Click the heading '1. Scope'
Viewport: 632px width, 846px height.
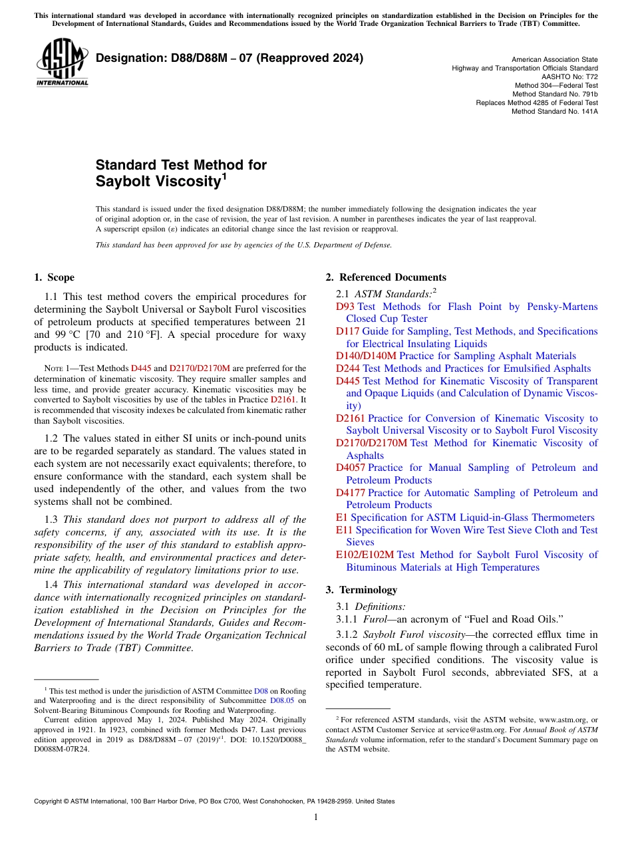pyautogui.click(x=54, y=277)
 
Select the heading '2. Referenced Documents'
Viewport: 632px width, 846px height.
pyautogui.click(x=386, y=277)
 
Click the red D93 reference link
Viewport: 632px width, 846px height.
pyautogui.click(x=345, y=307)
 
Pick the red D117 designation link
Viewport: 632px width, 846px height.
pyautogui.click(x=348, y=331)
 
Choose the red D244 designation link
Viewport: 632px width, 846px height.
pyautogui.click(x=348, y=368)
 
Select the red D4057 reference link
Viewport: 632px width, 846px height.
pyautogui.click(x=351, y=468)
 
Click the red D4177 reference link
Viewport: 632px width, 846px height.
pyautogui.click(x=351, y=493)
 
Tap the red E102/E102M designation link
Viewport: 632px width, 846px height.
pyautogui.click(x=365, y=555)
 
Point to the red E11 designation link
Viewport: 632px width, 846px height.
pyautogui.click(x=345, y=530)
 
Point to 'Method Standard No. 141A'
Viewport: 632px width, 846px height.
pyautogui.click(x=554, y=111)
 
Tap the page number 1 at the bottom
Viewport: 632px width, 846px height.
pyautogui.click(x=316, y=817)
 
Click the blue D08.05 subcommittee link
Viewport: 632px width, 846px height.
pyautogui.click(x=282, y=700)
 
